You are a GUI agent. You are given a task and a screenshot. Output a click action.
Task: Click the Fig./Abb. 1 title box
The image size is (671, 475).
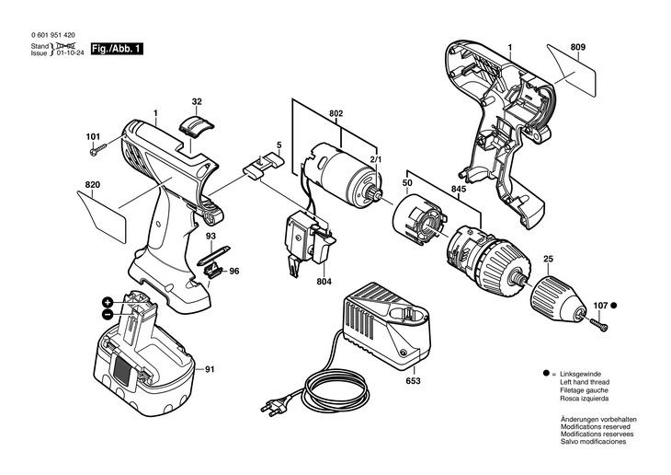117,49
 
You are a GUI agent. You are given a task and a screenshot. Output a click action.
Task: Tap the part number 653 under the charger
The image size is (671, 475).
414,381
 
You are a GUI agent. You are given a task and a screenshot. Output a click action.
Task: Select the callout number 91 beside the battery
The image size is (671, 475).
209,369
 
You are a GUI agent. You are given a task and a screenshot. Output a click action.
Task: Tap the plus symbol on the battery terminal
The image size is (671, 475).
108,302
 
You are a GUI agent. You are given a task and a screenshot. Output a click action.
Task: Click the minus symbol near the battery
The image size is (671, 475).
108,314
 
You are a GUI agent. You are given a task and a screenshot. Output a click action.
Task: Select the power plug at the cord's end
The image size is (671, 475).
274,405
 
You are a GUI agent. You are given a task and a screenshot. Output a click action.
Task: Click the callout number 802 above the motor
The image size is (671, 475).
335,114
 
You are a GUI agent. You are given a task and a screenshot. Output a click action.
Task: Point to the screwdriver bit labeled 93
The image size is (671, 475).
213,256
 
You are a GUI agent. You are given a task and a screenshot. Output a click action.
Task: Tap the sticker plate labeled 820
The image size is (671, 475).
102,216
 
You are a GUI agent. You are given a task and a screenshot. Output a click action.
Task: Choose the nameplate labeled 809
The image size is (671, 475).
572,70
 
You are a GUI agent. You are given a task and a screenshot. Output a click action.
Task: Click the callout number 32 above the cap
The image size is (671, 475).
197,102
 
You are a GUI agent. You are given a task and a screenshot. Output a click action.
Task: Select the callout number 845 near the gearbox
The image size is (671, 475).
459,189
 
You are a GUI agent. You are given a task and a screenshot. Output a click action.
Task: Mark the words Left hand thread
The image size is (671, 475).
585,382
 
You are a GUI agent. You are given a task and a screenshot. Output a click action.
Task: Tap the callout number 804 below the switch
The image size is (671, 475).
324,282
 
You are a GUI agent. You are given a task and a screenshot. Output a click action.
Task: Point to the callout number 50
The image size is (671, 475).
407,183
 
